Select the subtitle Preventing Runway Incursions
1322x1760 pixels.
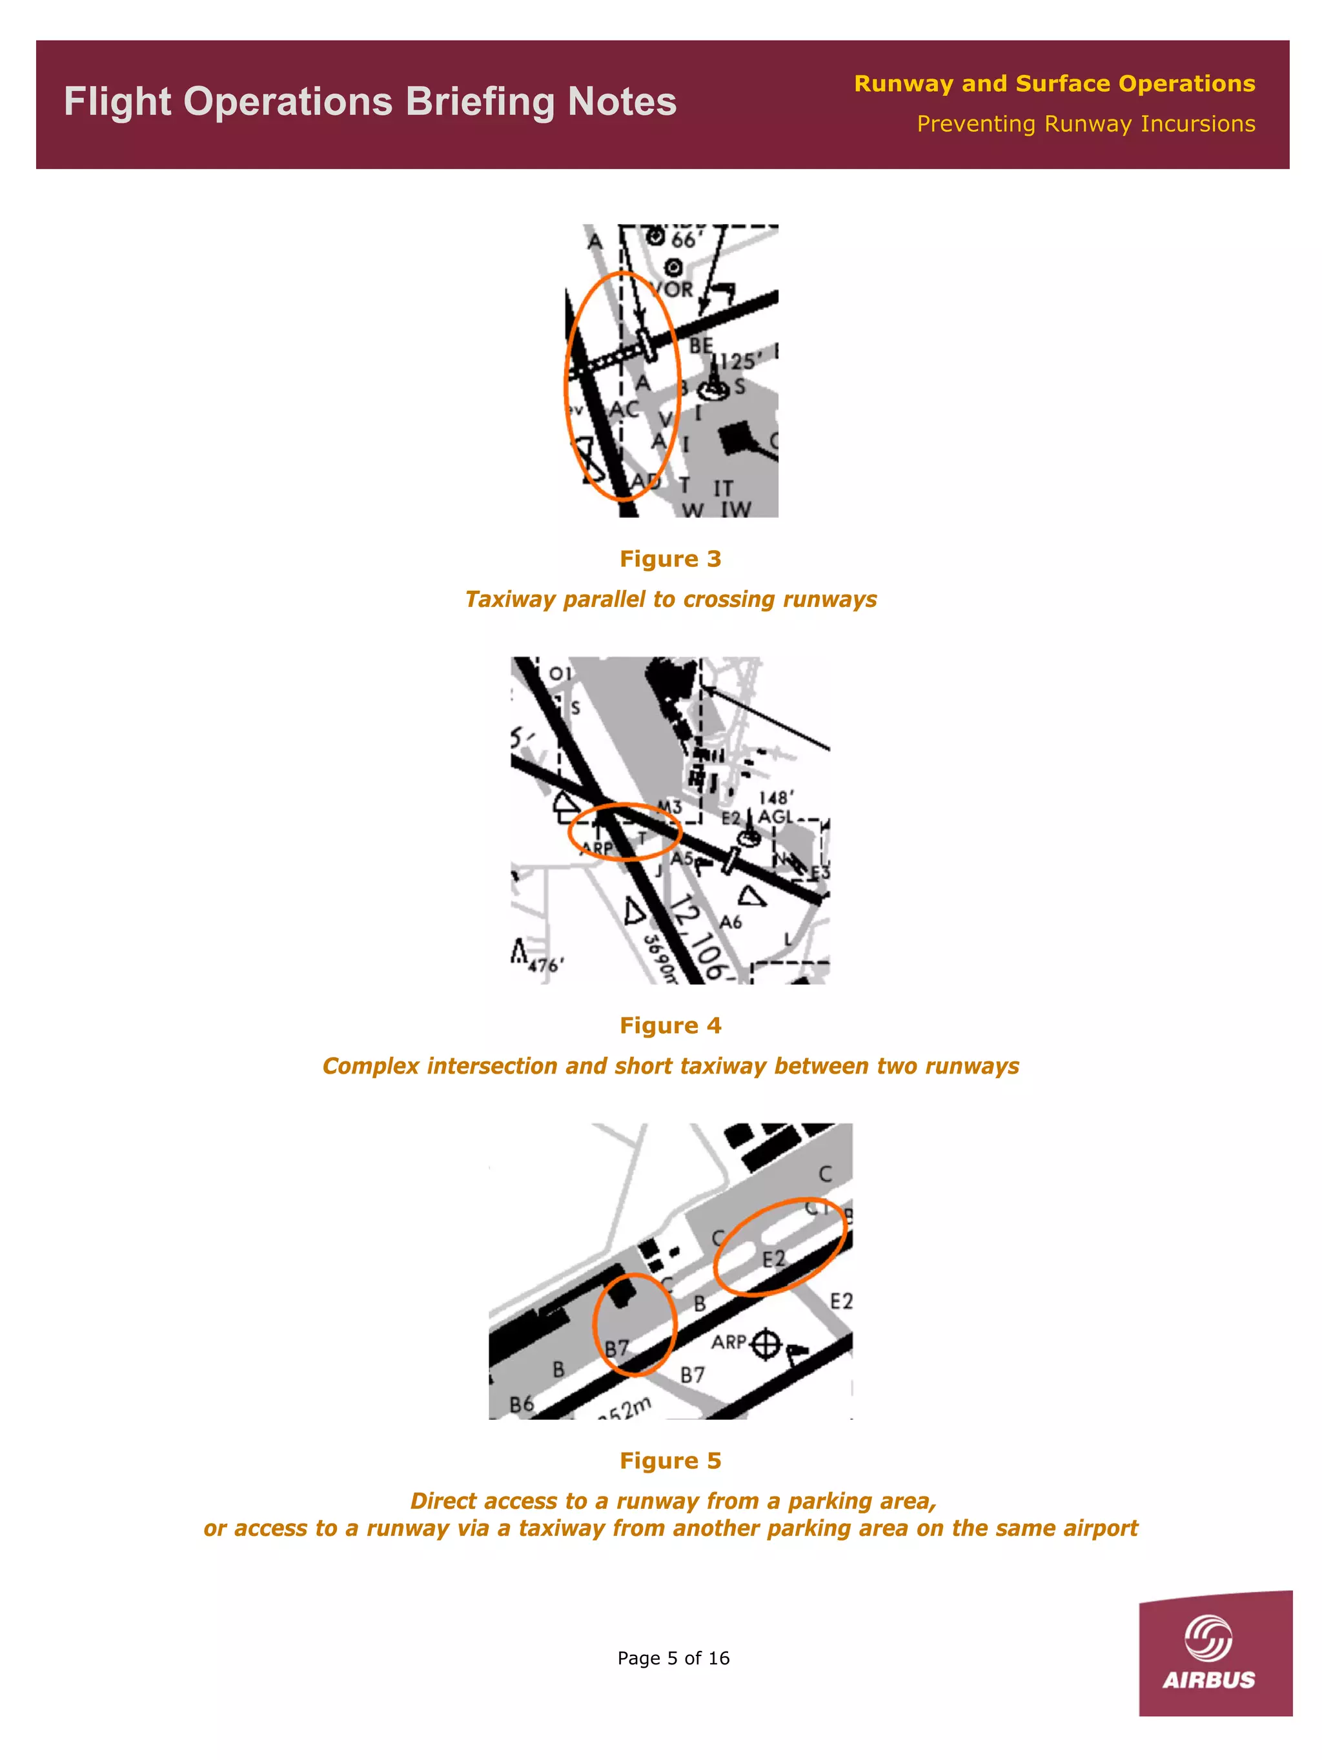click(1085, 124)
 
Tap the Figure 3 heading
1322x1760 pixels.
click(670, 558)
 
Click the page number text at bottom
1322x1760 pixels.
click(673, 1658)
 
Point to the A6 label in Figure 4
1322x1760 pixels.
click(730, 922)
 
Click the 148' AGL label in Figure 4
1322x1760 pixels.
click(775, 807)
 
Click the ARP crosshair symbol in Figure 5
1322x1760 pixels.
click(766, 1344)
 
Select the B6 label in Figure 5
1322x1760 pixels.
click(521, 1404)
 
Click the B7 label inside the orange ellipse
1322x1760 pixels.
click(616, 1349)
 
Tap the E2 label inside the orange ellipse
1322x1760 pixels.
click(773, 1259)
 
